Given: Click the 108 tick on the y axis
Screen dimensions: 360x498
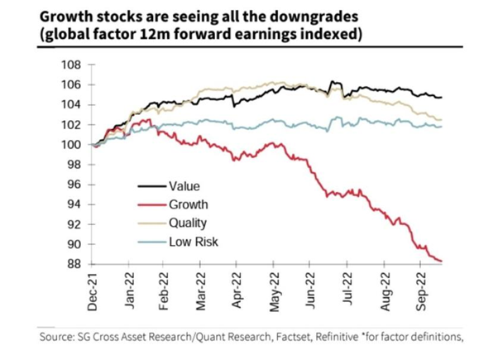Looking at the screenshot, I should (x=72, y=65).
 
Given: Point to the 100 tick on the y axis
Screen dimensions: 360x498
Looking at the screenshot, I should (x=72, y=145).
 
